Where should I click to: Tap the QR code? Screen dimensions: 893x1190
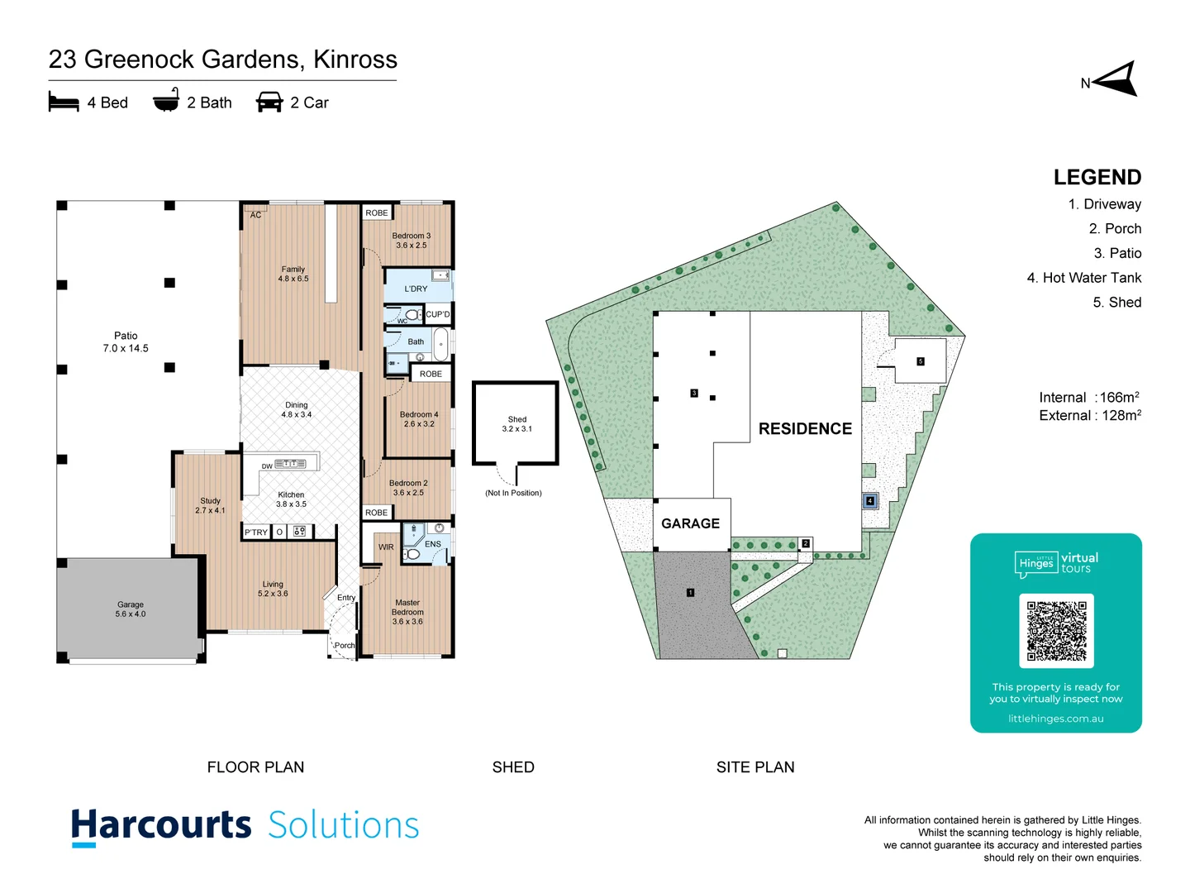pyautogui.click(x=1056, y=630)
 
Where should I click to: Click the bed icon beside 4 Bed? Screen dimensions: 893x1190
pyautogui.click(x=64, y=102)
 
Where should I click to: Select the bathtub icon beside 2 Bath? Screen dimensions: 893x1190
pyautogui.click(x=166, y=100)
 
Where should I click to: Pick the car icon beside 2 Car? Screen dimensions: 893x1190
pyautogui.click(x=269, y=102)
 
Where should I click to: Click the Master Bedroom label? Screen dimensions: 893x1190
pyautogui.click(x=407, y=612)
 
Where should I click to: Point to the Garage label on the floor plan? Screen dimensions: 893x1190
pyautogui.click(x=131, y=609)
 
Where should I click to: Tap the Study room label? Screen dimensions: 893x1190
pyautogui.click(x=210, y=505)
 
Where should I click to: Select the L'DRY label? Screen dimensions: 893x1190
pyautogui.click(x=416, y=289)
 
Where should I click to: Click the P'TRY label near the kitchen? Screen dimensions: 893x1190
pyautogui.click(x=256, y=532)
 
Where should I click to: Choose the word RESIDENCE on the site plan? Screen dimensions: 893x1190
pyautogui.click(x=805, y=428)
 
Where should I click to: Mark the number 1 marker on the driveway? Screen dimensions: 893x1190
pyautogui.click(x=690, y=592)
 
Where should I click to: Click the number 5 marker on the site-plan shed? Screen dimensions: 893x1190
pyautogui.click(x=920, y=361)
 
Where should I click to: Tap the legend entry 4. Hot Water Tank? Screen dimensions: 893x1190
pyautogui.click(x=1083, y=278)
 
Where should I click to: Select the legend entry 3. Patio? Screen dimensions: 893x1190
pyautogui.click(x=1117, y=253)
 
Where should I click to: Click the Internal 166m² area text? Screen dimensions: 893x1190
pyautogui.click(x=1089, y=398)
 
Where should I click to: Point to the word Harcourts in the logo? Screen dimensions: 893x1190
pyautogui.click(x=161, y=825)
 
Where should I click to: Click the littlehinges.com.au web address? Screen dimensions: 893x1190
pyautogui.click(x=1055, y=719)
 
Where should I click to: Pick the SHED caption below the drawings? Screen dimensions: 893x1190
pyautogui.click(x=513, y=767)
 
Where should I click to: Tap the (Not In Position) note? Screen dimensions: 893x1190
pyautogui.click(x=513, y=493)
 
